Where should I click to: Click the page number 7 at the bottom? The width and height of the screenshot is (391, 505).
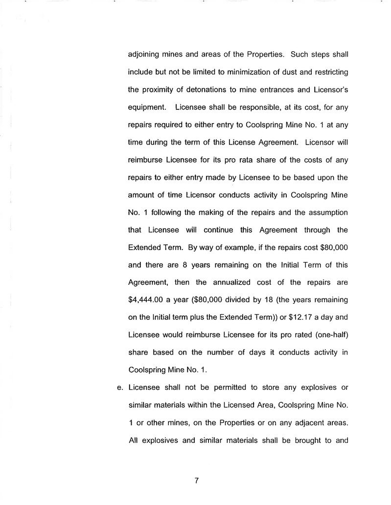tap(196, 480)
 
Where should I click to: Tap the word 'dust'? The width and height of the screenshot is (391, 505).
tap(285, 73)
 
